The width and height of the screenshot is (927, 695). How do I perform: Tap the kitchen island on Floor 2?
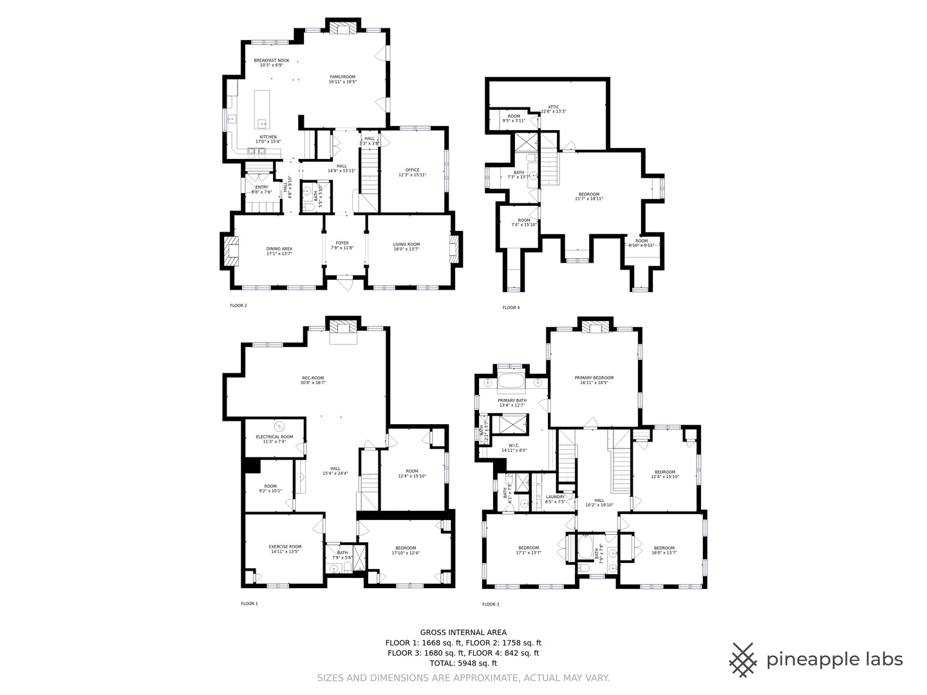(262, 109)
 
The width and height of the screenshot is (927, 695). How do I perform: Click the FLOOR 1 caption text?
(249, 604)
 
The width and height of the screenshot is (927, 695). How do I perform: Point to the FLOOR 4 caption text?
(511, 308)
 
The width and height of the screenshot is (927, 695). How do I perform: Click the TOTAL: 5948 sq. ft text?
(463, 663)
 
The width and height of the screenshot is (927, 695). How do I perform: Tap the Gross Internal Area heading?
(463, 632)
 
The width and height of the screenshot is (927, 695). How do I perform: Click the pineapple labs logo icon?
(743, 660)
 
